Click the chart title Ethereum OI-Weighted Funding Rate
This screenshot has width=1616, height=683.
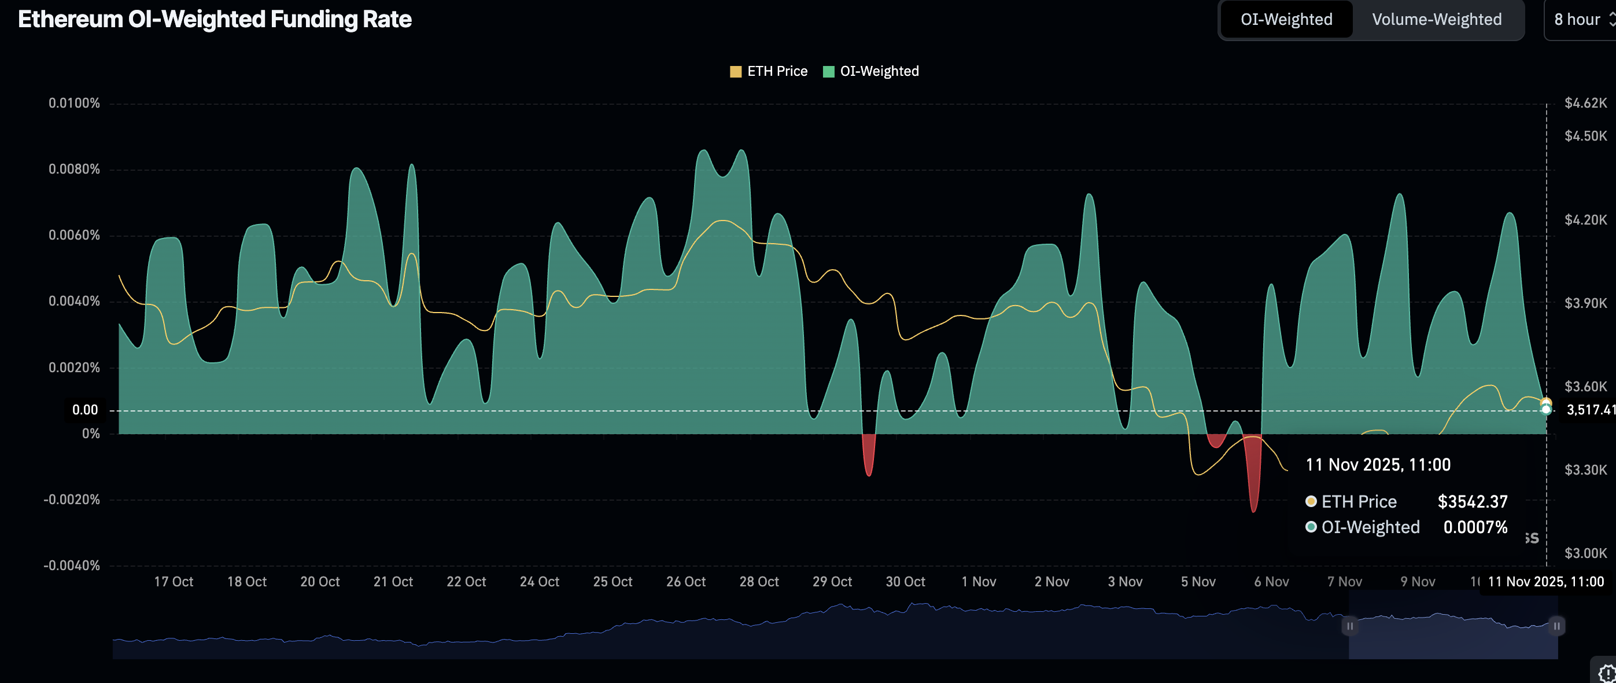point(215,20)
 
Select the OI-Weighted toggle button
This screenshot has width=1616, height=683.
point(1286,20)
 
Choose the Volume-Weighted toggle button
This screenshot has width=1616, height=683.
point(1437,20)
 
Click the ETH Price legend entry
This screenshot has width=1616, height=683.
point(769,72)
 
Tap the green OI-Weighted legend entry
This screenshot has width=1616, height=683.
point(872,72)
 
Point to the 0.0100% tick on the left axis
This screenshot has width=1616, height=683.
point(74,103)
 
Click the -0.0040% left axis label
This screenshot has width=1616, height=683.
point(72,566)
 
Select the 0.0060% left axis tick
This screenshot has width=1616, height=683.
point(74,236)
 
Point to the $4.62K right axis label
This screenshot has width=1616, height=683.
point(1585,103)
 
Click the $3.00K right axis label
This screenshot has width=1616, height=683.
point(1585,553)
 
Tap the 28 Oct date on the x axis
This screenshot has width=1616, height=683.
point(759,582)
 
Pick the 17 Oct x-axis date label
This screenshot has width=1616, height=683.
point(174,582)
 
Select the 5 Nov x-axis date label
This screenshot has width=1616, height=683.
point(1198,582)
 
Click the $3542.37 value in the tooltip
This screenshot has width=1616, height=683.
point(1473,502)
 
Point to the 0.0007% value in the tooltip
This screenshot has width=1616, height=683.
point(1475,527)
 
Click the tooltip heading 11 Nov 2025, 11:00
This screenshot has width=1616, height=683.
point(1378,465)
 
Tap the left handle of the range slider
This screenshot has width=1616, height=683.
point(1349,626)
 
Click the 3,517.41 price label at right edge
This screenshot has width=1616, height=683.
point(1591,410)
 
